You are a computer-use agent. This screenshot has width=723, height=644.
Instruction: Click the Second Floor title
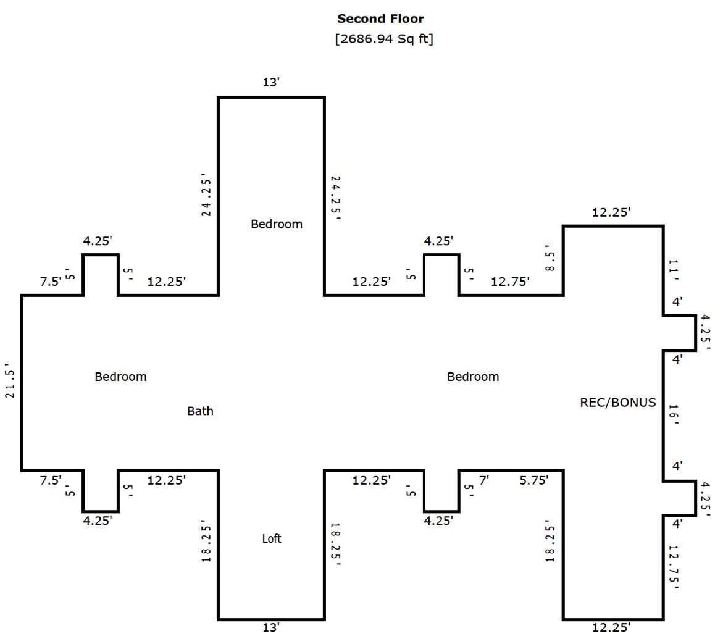[x=380, y=19]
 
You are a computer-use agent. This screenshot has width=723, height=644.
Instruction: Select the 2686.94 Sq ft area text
[x=384, y=39]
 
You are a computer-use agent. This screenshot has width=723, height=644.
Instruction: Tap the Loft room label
[x=272, y=538]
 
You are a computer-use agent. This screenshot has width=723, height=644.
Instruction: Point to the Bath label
[x=200, y=411]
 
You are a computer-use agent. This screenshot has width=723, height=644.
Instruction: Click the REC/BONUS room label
[x=618, y=403]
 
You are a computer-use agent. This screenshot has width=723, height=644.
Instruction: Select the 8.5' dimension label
[x=550, y=258]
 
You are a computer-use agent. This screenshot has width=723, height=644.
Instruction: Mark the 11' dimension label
[x=674, y=270]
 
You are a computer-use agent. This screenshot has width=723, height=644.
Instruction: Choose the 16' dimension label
[x=674, y=414]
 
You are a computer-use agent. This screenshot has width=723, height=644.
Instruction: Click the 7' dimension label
[x=483, y=480]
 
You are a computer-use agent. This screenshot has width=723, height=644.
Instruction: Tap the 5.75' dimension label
[x=534, y=480]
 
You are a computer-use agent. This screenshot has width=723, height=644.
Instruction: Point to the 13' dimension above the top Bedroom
[x=271, y=83]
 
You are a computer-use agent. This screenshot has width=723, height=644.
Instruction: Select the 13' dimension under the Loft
[x=271, y=627]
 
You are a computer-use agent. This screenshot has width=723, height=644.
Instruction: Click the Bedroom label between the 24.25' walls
[x=277, y=224]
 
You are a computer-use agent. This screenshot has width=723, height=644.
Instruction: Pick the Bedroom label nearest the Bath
[x=121, y=377]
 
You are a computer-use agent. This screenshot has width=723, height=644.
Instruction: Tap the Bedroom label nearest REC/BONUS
[x=473, y=377]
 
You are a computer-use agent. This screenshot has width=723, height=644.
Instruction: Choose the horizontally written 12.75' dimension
[x=510, y=282]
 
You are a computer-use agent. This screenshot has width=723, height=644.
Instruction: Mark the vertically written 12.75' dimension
[x=674, y=567]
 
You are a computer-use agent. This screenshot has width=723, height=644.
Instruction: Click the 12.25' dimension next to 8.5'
[x=611, y=212]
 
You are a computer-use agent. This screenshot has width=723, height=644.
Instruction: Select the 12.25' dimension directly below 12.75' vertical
[x=611, y=627]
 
